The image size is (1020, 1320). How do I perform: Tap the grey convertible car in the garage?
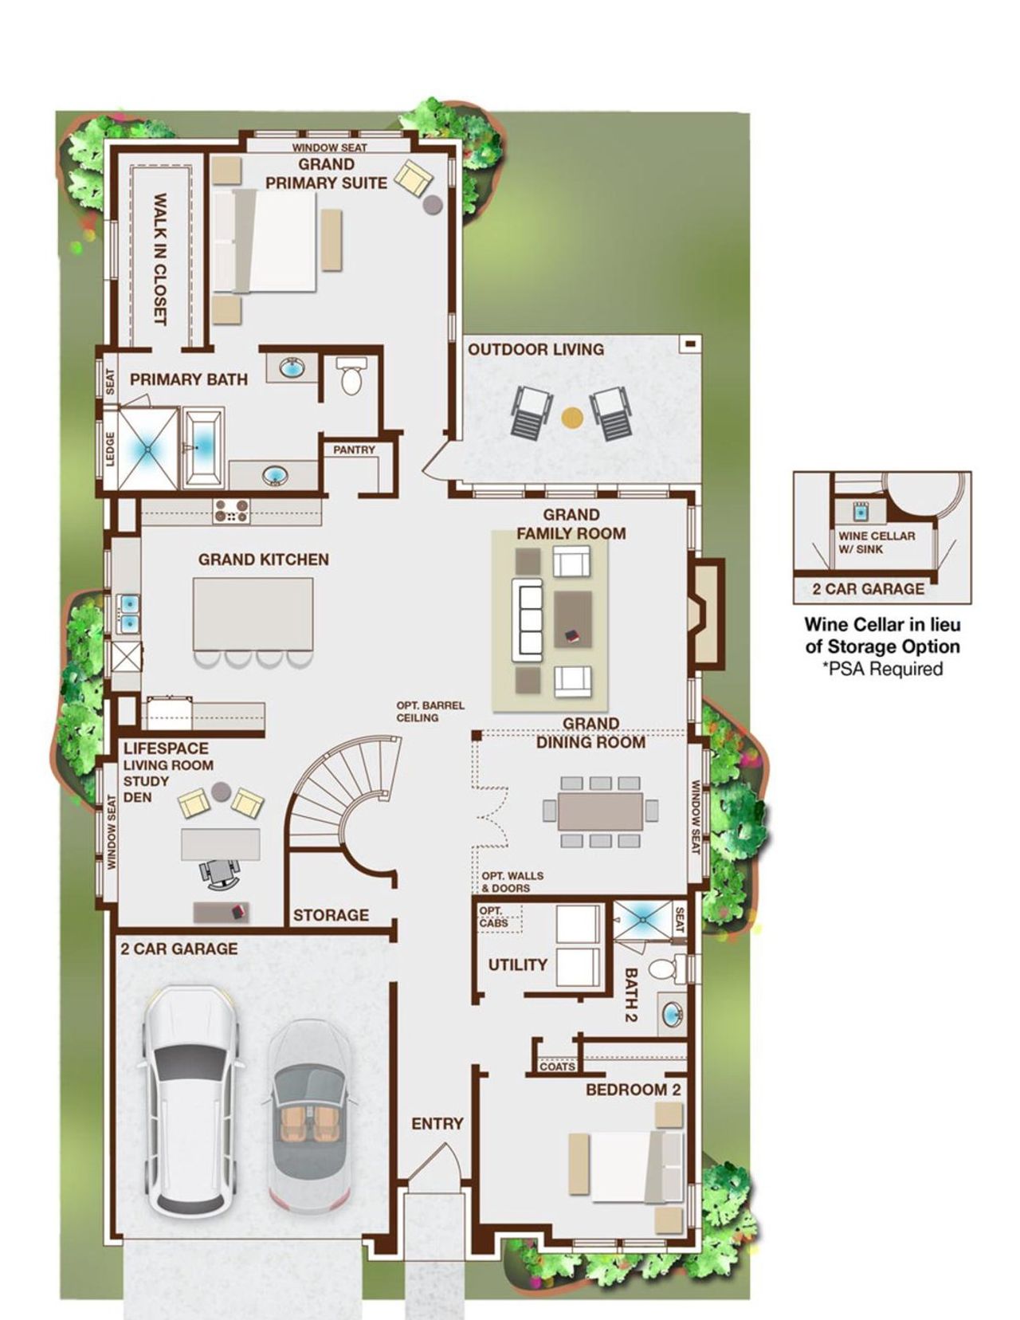pyautogui.click(x=307, y=1116)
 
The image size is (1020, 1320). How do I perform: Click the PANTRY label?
pyautogui.click(x=354, y=450)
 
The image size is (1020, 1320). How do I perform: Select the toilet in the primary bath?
pyautogui.click(x=351, y=376)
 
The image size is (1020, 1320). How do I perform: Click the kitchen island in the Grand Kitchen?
pyautogui.click(x=253, y=614)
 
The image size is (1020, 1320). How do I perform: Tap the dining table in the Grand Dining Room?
pyautogui.click(x=600, y=811)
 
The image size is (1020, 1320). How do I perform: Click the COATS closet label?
pyautogui.click(x=557, y=1067)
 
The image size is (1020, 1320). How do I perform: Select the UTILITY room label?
pyautogui.click(x=517, y=964)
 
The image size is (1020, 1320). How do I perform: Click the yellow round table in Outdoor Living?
pyautogui.click(x=571, y=416)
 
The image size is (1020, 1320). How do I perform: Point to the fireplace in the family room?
pyautogui.click(x=706, y=612)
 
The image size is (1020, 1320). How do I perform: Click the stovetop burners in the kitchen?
pyautogui.click(x=231, y=511)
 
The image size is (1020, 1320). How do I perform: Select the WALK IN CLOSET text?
pyautogui.click(x=159, y=258)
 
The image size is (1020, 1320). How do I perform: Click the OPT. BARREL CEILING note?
pyautogui.click(x=430, y=711)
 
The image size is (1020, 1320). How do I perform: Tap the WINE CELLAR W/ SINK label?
pyautogui.click(x=877, y=542)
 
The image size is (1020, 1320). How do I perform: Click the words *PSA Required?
pyautogui.click(x=882, y=668)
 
